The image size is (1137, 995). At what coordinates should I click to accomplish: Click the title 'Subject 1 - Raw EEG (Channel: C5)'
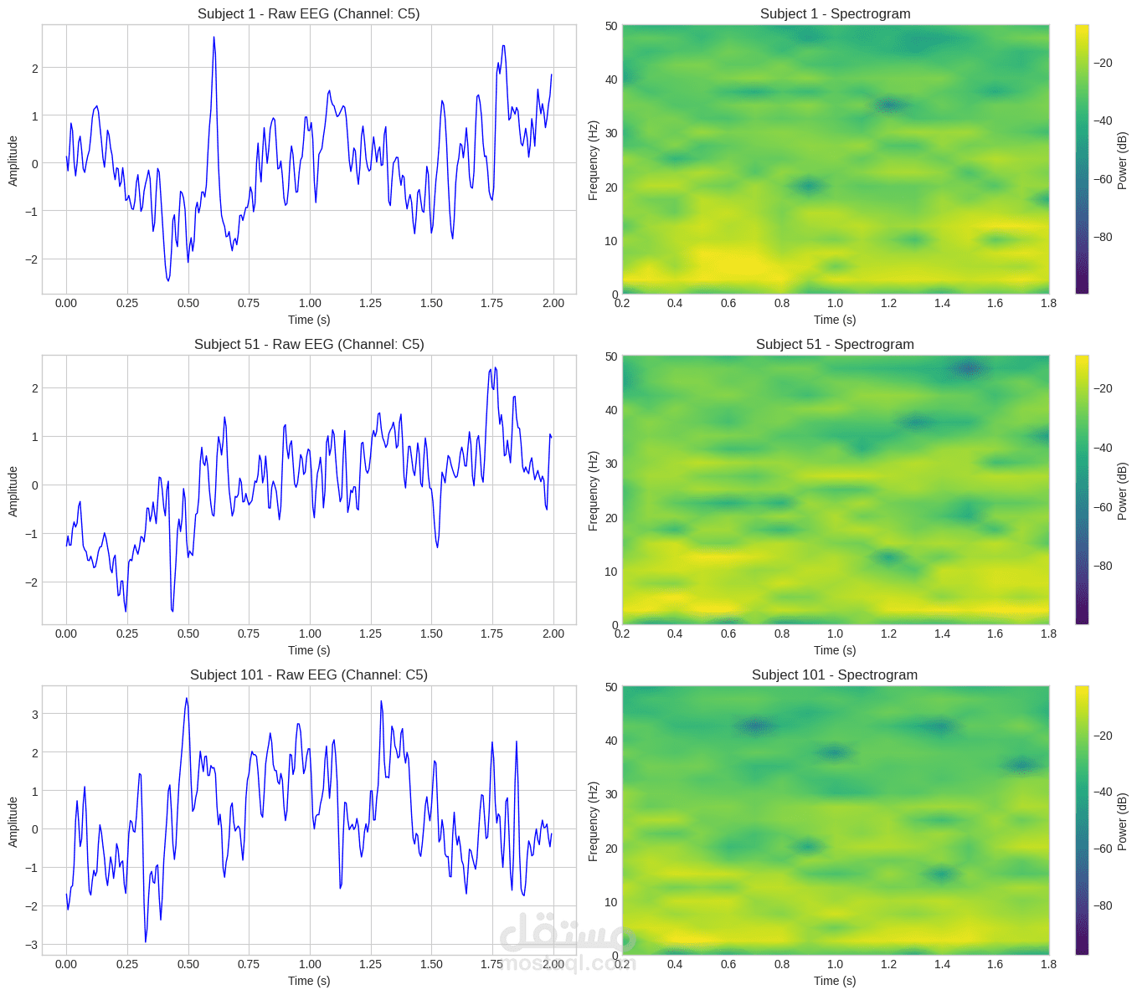309,13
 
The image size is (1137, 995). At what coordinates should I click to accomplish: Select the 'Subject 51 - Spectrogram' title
835,344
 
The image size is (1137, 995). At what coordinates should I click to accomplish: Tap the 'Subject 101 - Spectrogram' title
835,674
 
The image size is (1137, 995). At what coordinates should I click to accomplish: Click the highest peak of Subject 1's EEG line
214,38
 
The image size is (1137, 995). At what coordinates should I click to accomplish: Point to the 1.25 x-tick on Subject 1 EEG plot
370,303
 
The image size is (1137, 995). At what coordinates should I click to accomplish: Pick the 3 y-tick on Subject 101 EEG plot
34,714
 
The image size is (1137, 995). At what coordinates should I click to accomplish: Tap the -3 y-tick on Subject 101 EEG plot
33,945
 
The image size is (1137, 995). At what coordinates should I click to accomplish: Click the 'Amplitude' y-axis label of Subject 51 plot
13,491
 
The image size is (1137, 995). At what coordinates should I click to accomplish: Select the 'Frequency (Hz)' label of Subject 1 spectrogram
593,161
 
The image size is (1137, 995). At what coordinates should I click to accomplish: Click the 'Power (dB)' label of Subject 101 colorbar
1123,821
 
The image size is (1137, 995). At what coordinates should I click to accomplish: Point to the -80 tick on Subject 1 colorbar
1103,237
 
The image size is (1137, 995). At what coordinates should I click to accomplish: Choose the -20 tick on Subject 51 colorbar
1103,388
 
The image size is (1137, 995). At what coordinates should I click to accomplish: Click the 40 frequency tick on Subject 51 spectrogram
611,410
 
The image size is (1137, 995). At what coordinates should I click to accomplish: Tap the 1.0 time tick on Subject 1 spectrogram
835,303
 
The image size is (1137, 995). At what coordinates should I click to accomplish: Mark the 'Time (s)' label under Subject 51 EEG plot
309,650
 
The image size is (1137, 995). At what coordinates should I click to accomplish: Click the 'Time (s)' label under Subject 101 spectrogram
835,981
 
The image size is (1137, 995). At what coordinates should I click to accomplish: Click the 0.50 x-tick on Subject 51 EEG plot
188,633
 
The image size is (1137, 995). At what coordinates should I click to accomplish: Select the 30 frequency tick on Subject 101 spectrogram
611,794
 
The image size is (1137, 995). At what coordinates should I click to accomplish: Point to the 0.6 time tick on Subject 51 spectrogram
728,633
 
